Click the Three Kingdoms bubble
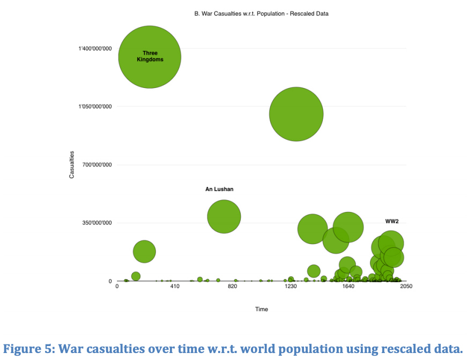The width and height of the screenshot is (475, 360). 150,57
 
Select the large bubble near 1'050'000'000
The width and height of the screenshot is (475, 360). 296,114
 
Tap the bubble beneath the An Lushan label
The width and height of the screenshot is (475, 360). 224,216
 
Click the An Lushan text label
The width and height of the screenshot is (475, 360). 219,189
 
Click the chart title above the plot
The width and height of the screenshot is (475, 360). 261,13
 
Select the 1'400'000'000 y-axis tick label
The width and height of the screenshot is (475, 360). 95,49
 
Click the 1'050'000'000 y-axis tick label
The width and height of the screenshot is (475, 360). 95,107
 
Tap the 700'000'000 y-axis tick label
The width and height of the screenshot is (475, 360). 97,165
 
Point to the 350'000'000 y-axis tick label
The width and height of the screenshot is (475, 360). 97,223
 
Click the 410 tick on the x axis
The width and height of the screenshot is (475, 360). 175,286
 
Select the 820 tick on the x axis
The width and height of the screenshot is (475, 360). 233,286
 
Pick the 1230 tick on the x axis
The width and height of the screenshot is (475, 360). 291,286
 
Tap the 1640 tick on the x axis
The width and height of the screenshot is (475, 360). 348,286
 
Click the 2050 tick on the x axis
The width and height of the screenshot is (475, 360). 406,286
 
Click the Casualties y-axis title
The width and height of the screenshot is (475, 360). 72,165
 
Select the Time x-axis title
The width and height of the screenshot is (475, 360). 262,309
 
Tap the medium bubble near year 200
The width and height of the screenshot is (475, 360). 144,251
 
